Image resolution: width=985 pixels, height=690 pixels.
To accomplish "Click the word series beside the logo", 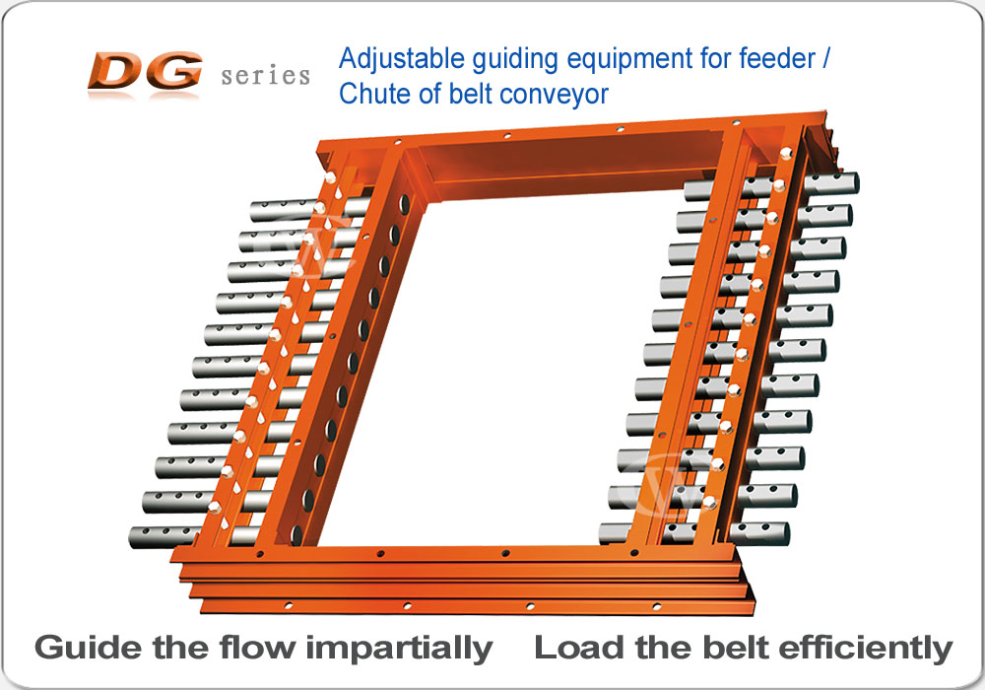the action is coord(266,76).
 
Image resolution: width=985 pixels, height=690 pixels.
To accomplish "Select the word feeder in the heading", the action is coord(777,58).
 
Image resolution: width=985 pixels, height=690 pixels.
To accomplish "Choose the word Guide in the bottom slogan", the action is coord(88,648).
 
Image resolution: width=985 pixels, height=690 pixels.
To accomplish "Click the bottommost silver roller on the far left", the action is coord(164,536).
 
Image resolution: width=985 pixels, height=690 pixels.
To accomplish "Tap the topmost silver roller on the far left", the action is coord(283,210).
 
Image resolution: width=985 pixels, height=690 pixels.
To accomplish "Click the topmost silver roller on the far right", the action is coord(831,184).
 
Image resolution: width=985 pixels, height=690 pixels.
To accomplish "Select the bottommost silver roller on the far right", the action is coord(760,533).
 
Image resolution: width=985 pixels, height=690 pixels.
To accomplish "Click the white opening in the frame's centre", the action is coord(502,371).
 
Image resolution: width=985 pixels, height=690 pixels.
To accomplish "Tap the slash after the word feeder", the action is coord(825,58).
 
